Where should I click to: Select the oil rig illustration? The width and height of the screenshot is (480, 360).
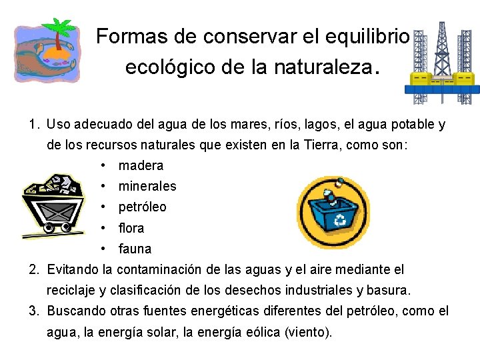coord(440,63)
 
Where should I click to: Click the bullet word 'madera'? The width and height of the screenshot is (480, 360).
coord(141,165)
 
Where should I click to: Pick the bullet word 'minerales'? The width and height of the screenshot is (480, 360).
coord(147,186)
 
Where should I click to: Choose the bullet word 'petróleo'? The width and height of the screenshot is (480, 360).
coord(143,207)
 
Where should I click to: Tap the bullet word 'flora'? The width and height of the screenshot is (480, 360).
coord(131,228)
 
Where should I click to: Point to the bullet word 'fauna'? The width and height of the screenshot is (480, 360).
coord(135,249)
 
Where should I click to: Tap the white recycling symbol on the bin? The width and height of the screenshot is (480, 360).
coord(340,219)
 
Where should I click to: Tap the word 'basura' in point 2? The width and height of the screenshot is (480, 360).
coord(393,291)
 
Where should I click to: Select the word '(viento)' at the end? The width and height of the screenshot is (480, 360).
coord(308,332)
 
